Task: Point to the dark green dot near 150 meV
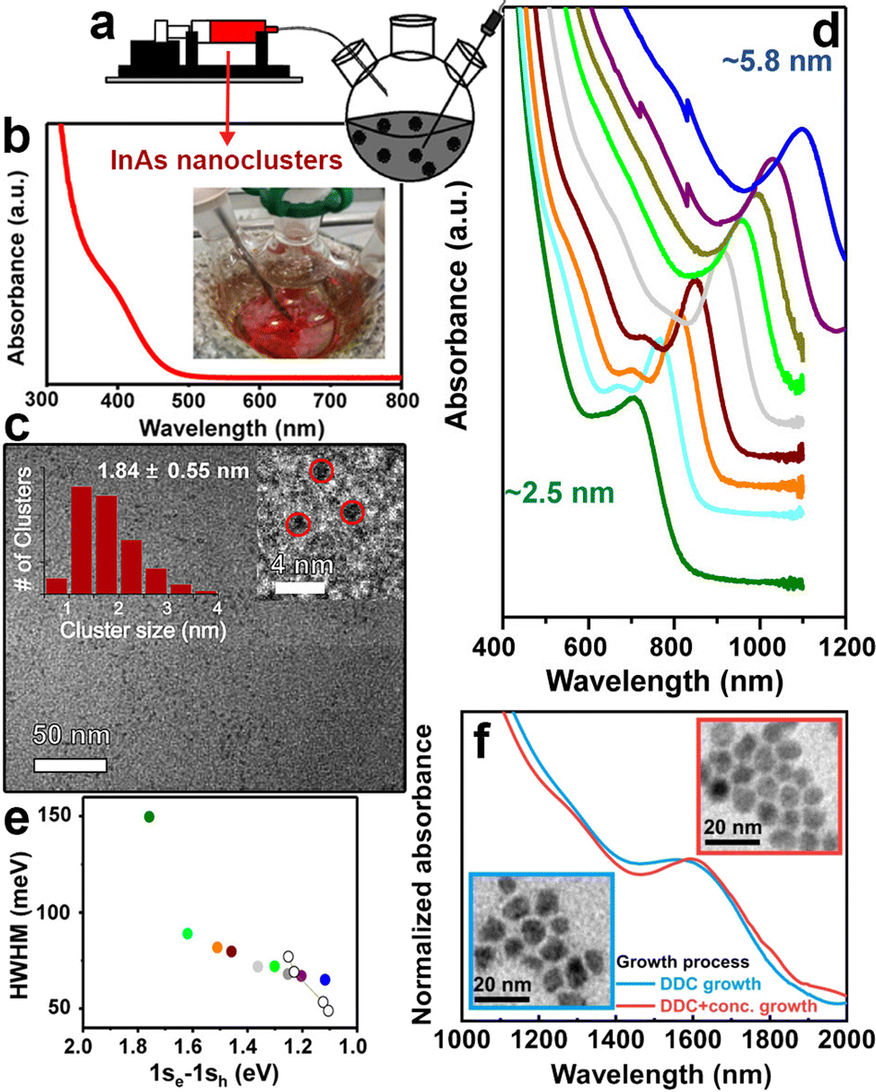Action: tap(150, 816)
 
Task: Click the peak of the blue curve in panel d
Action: tap(802, 129)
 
